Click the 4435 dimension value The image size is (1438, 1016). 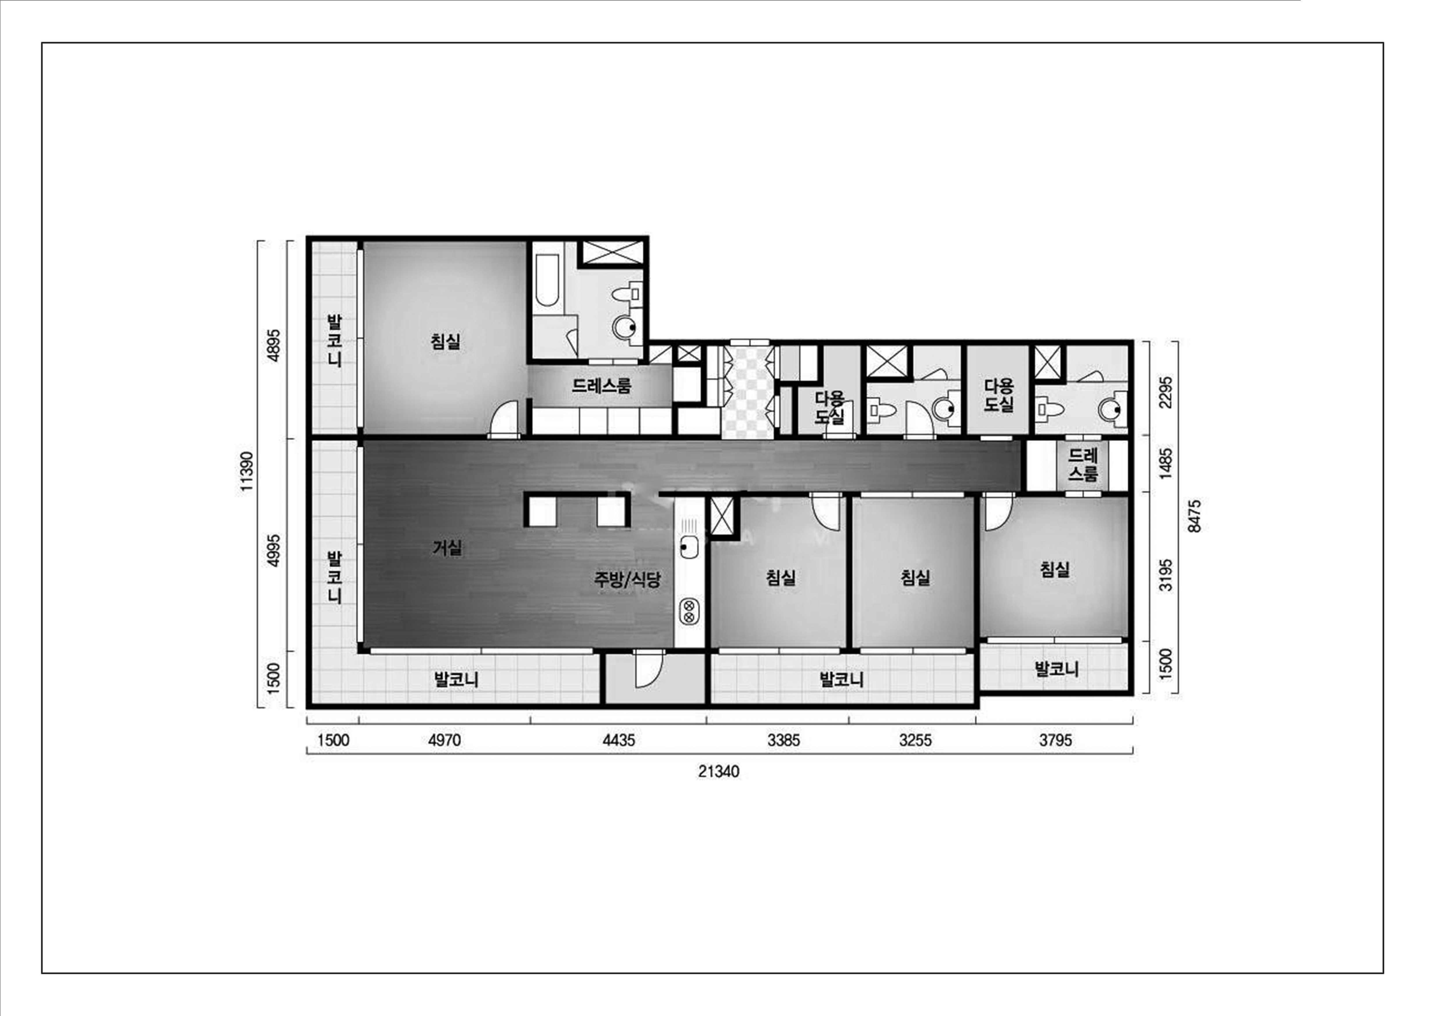coord(619,741)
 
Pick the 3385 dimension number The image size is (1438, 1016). coord(783,741)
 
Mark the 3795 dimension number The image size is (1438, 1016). coord(1055,741)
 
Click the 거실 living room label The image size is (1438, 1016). coord(447,548)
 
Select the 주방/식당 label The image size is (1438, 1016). coord(627,579)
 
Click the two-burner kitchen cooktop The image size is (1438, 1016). coord(689,612)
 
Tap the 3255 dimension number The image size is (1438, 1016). coord(915,741)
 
